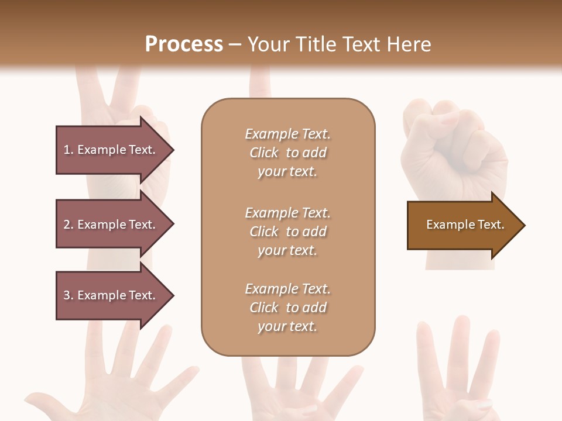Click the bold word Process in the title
tap(184, 44)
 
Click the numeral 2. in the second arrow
tap(68, 225)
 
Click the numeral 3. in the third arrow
tap(68, 295)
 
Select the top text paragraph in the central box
tap(287, 153)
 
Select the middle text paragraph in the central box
tap(287, 232)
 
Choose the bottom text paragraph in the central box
tap(287, 308)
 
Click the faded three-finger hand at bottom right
tap(457, 374)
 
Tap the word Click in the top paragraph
tap(263, 153)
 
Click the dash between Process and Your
tap(235, 44)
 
